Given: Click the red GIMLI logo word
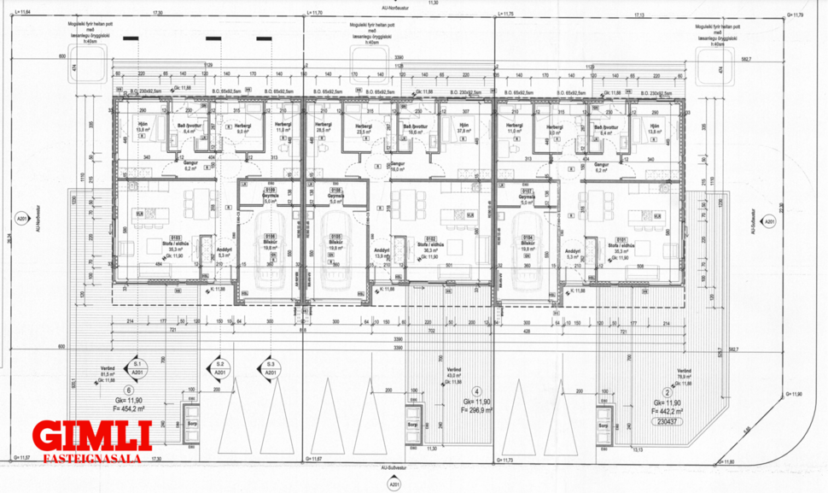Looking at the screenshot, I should coord(91,435).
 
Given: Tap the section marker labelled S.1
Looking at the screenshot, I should coord(137,368).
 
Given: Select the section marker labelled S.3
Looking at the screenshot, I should coord(269,368).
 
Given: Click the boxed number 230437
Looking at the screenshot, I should coord(667,421).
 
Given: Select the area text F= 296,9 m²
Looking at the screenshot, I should coord(476,410).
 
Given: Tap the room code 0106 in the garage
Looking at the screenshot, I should coord(271,235).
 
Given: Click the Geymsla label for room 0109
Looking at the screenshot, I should coord(271,195).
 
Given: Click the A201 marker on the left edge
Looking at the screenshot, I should coord(19,225).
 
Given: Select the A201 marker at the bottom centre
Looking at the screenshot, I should coord(394,483).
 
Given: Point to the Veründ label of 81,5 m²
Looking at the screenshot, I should coord(108,371).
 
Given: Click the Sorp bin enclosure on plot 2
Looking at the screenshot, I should coord(605,424).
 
